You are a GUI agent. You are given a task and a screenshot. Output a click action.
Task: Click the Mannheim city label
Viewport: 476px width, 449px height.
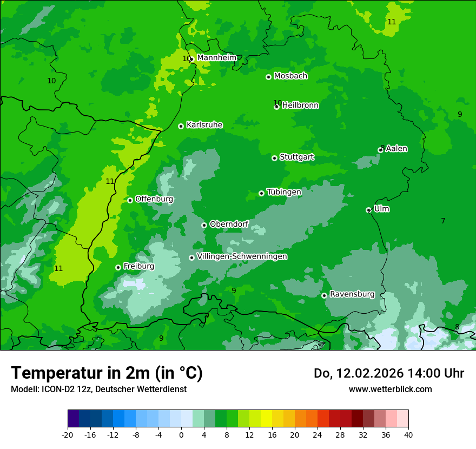coord(216,58)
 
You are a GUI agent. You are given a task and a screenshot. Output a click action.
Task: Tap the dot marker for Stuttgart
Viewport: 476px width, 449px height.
coord(274,158)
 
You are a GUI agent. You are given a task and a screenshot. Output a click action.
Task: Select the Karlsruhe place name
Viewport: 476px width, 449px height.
coord(204,125)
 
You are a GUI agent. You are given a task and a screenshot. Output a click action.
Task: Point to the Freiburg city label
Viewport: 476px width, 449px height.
coord(138,266)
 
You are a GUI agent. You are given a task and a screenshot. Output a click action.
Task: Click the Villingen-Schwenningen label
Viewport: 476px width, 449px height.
coord(242,256)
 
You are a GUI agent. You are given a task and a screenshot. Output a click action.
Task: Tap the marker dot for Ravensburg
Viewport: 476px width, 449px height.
coord(324,295)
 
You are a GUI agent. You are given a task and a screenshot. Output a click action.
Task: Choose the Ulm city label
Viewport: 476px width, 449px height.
coord(381,209)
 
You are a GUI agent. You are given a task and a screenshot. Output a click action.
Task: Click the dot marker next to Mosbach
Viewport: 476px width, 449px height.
coord(268,77)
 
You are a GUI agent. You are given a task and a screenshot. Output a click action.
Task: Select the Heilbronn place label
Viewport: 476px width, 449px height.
coord(300,105)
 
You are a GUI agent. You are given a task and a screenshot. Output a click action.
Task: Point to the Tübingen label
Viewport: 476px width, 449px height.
coord(284,192)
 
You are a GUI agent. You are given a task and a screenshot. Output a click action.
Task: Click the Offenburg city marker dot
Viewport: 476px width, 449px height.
coord(130,200)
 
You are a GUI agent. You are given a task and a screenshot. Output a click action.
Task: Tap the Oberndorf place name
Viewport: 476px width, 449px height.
coord(229,224)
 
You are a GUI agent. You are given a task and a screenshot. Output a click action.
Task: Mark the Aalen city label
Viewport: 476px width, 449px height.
coord(396,149)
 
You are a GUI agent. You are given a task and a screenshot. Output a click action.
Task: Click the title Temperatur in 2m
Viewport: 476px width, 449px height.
coord(107,373)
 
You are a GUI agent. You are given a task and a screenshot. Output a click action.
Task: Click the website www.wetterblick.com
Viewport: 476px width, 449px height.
coord(390,389)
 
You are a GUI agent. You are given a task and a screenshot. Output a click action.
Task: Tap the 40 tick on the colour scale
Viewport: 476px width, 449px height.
coord(408,434)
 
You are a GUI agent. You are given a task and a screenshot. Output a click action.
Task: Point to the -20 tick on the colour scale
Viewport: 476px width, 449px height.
coord(68,434)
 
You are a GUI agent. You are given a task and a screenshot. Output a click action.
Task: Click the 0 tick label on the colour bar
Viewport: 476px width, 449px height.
coord(181,434)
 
